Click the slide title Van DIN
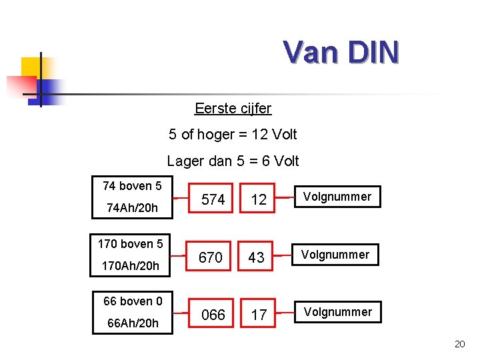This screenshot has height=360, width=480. click(x=341, y=51)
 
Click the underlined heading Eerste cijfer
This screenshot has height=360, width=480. click(x=233, y=108)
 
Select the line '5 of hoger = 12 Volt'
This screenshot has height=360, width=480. click(x=233, y=135)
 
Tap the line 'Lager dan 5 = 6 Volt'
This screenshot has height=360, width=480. click(x=233, y=161)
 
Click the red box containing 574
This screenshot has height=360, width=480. click(x=213, y=199)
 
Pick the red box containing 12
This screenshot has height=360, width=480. click(x=259, y=199)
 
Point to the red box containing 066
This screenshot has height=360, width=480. click(x=213, y=314)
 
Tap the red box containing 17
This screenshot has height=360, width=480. click(x=259, y=314)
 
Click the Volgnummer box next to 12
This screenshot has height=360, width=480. click(x=337, y=197)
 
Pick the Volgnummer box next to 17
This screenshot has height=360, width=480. click(x=337, y=312)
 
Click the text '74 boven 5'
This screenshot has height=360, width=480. click(x=132, y=185)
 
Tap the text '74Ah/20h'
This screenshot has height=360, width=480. click(x=132, y=208)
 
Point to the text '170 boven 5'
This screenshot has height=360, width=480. click(x=130, y=243)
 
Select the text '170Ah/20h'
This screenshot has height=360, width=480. click(x=130, y=266)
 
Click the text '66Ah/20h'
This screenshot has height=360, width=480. click(x=133, y=323)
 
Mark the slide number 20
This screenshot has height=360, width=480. click(x=459, y=344)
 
